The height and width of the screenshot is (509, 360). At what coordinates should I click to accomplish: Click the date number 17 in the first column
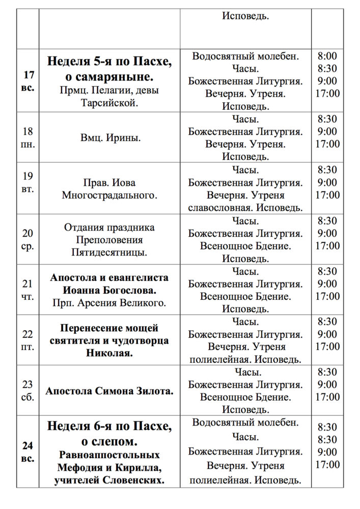click(x=29, y=75)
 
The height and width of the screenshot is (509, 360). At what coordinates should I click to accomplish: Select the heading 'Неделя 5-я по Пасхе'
click(x=109, y=62)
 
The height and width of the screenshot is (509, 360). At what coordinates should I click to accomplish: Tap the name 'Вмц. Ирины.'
click(x=110, y=137)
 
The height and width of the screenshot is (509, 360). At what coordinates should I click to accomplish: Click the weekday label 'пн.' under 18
click(x=29, y=144)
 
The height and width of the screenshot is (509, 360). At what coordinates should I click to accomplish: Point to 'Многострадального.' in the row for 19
click(x=110, y=195)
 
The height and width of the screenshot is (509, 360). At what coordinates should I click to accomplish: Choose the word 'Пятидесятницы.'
click(x=110, y=252)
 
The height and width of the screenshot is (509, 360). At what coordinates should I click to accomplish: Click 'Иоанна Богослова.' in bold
click(x=109, y=291)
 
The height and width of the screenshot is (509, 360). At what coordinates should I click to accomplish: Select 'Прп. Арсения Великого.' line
click(x=109, y=303)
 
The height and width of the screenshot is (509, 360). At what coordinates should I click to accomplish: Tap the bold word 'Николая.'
click(x=109, y=353)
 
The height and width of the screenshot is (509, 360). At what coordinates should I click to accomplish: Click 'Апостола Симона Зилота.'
click(x=109, y=391)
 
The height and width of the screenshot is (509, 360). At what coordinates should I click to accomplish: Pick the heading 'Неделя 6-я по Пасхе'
click(x=109, y=426)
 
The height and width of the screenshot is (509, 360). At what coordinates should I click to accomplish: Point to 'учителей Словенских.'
click(x=109, y=480)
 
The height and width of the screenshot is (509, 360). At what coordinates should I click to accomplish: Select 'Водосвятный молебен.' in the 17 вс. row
click(x=245, y=56)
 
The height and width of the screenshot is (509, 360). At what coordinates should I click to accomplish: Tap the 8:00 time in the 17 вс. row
click(x=327, y=56)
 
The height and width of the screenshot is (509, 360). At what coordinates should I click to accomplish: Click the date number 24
click(x=29, y=446)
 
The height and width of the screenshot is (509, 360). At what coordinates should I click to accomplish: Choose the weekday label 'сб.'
click(x=29, y=397)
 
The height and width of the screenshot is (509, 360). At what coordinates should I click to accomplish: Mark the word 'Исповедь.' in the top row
click(x=245, y=16)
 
